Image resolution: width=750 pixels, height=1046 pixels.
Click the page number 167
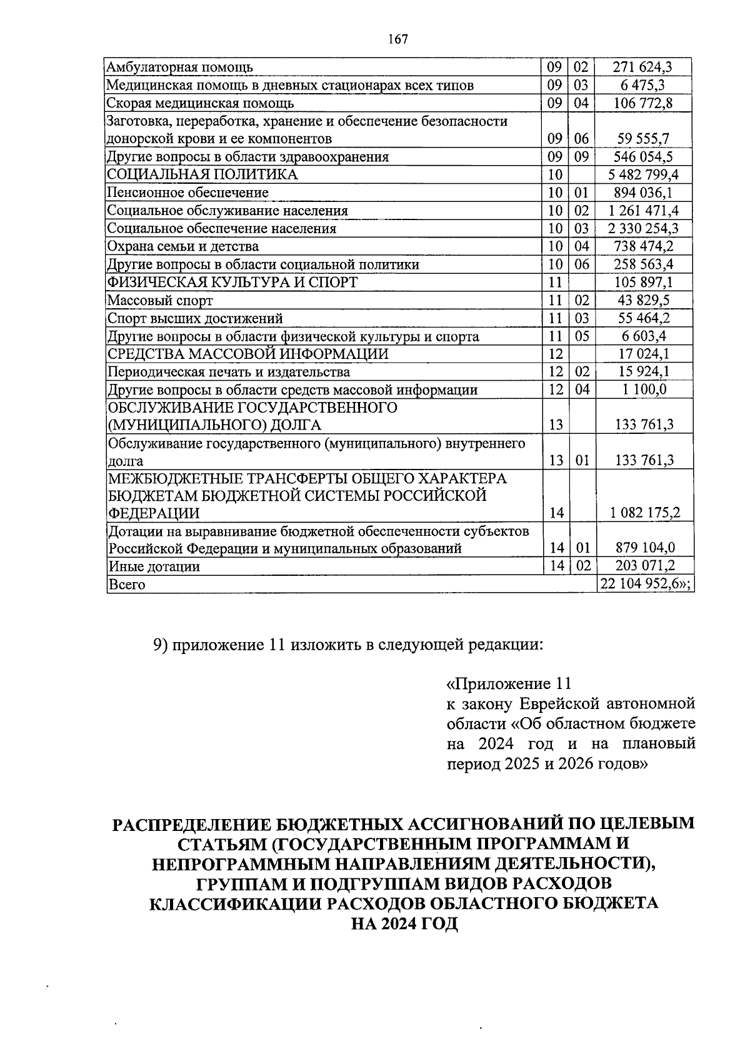397,39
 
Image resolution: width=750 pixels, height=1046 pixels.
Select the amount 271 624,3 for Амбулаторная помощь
642,67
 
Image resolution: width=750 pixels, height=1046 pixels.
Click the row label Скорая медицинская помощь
200,103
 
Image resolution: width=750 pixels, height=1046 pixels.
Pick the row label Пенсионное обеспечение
187,193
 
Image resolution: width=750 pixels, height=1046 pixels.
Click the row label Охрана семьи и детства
183,246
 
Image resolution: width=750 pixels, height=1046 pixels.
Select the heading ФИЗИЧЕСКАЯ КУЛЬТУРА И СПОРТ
232,283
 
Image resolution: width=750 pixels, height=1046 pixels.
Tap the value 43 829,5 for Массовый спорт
644,301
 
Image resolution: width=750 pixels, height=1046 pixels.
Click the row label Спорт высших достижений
195,319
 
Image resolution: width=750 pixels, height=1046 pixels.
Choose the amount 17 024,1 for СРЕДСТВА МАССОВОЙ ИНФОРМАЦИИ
644,355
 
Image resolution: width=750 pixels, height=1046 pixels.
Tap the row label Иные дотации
154,567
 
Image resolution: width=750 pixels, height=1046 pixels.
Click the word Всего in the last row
127,585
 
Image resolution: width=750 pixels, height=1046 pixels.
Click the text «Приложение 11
509,683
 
